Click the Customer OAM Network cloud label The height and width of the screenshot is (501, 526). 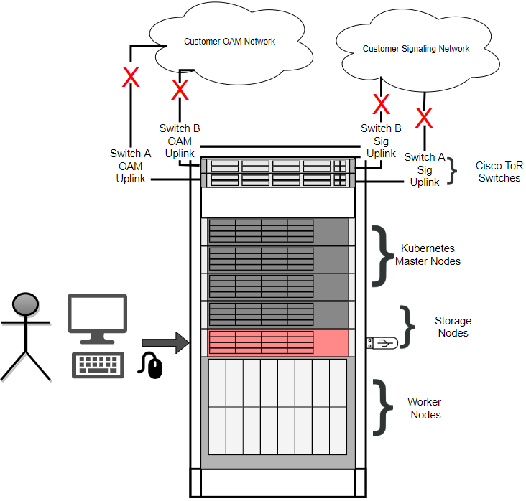tap(229, 42)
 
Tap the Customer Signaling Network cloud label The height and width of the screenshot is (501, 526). tap(415, 50)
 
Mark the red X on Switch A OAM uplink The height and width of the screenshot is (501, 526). tap(130, 78)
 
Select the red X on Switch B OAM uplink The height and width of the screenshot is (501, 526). tap(179, 90)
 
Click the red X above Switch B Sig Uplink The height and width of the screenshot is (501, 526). tap(382, 105)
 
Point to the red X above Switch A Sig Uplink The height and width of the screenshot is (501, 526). tap(425, 116)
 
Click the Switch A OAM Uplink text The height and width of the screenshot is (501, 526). tap(130, 166)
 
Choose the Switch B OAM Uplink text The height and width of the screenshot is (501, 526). tap(179, 141)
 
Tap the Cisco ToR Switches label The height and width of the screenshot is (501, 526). tap(499, 172)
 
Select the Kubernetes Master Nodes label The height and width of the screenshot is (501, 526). tap(428, 255)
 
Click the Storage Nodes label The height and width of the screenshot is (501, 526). tap(452, 327)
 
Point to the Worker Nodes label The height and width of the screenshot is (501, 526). tap(424, 408)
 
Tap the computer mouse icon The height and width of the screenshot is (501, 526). tap(153, 365)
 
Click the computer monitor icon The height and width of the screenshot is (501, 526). tap(97, 318)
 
